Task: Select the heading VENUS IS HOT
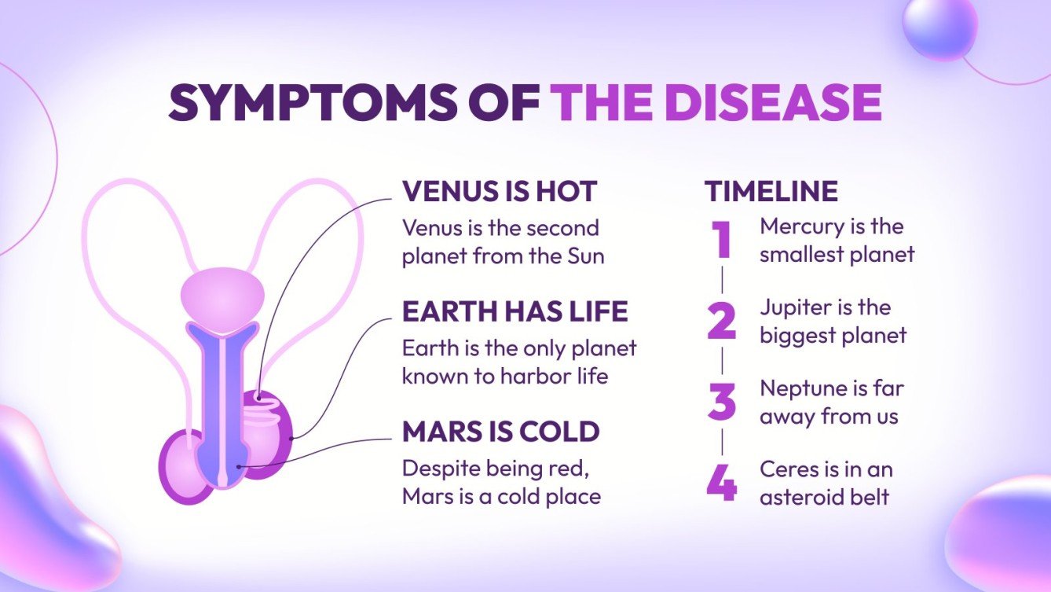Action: tap(500, 191)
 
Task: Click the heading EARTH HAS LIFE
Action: tap(515, 311)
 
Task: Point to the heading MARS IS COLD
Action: tap(500, 432)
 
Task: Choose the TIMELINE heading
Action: tap(771, 191)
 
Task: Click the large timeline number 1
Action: tap(722, 240)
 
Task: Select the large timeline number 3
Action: tap(721, 401)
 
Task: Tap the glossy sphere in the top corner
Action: tap(939, 28)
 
